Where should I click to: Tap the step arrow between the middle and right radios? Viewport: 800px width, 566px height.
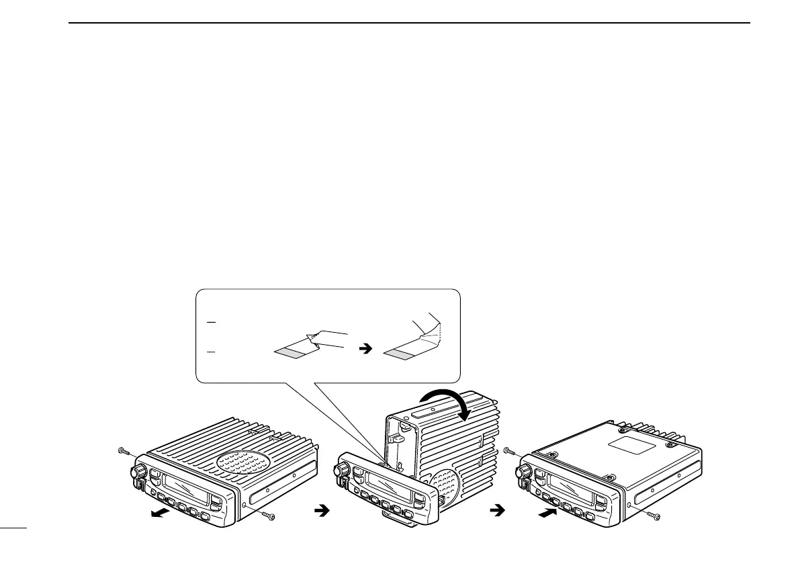point(499,511)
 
